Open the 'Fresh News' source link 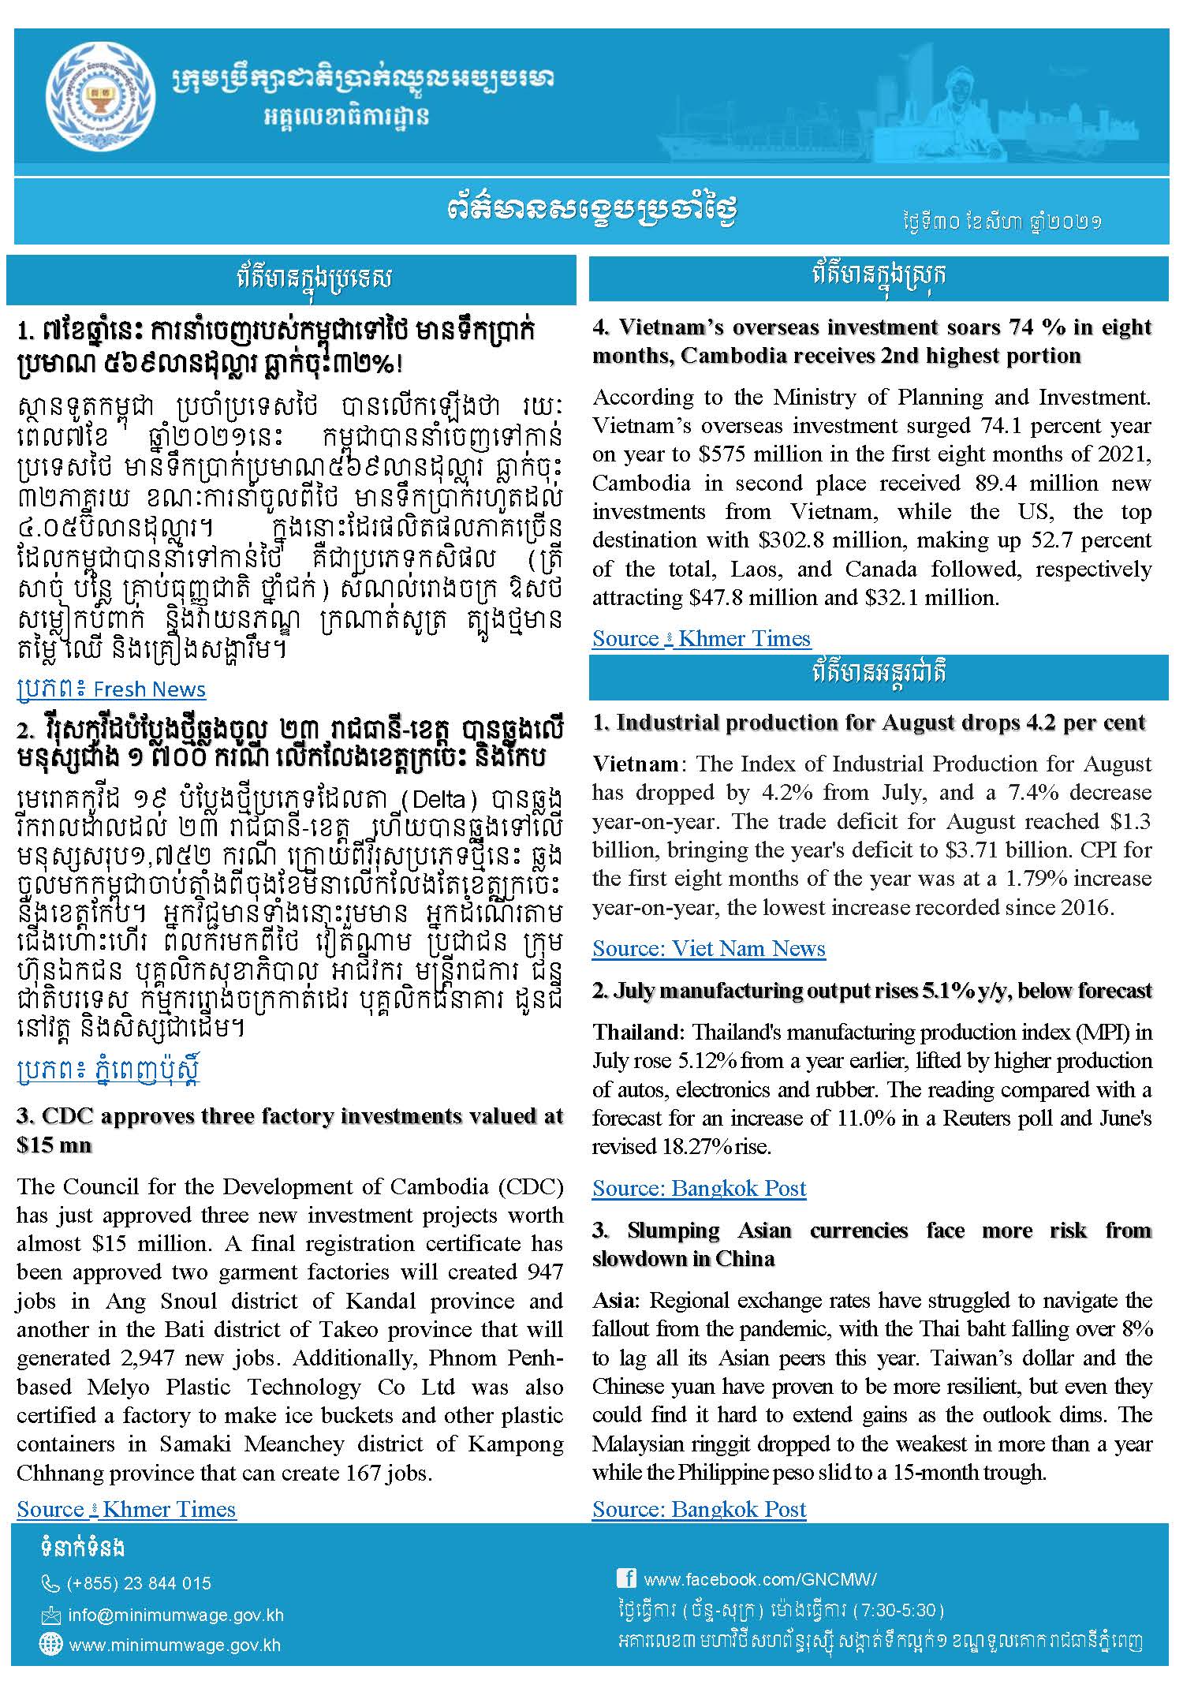110,689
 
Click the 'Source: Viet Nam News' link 708,948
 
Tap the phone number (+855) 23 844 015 139,1583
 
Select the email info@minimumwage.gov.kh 176,1615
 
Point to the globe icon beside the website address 50,1645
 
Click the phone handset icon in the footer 50,1583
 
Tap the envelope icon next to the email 50,1615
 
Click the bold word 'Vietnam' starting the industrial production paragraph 635,764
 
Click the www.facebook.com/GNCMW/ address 759,1579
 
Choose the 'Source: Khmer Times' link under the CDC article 126,1509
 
